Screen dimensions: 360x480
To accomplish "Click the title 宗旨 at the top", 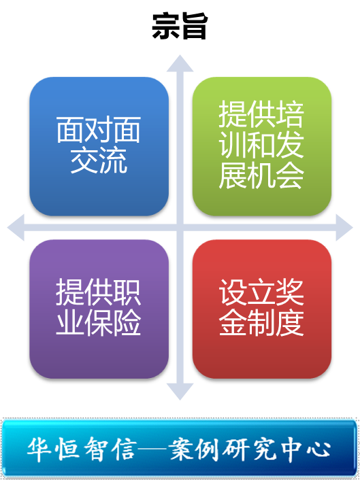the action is click(x=180, y=27).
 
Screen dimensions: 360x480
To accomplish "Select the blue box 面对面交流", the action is click(x=99, y=146).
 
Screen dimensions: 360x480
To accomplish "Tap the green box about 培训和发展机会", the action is click(x=262, y=146).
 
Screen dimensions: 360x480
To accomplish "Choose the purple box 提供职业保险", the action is click(x=99, y=309).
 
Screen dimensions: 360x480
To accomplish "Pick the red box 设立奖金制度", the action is click(x=262, y=309).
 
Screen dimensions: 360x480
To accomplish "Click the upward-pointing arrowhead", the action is click(x=180, y=63).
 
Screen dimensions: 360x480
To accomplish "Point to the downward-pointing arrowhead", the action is click(x=180, y=392).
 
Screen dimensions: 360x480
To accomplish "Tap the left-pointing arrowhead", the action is click(x=16, y=228).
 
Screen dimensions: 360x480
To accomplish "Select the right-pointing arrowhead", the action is click(x=344, y=228).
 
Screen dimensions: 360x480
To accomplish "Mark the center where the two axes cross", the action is click(x=180, y=228).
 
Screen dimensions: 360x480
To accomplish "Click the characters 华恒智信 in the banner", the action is click(x=82, y=449).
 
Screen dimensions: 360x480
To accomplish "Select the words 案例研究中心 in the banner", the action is click(x=250, y=449).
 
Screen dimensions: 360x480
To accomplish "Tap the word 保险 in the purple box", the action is click(x=113, y=324).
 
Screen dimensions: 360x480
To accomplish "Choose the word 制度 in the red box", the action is click(x=276, y=324).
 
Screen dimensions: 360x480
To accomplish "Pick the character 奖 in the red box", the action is click(x=290, y=293).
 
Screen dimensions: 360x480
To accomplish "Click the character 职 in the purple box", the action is click(x=127, y=293).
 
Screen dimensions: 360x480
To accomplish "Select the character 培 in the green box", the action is click(x=290, y=115).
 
